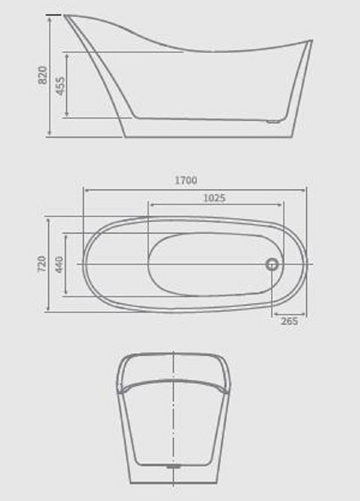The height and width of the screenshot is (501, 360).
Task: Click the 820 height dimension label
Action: [43, 75]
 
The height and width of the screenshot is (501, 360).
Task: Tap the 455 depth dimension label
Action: [61, 86]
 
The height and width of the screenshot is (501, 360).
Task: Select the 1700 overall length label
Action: [186, 180]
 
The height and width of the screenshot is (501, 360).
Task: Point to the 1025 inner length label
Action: [214, 198]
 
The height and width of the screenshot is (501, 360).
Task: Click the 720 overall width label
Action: [42, 264]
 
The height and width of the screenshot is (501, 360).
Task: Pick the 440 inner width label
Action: [59, 264]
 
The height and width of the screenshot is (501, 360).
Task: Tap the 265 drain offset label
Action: [289, 321]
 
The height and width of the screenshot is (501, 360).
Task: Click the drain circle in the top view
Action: [272, 264]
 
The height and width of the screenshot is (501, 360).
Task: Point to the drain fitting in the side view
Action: [273, 121]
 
